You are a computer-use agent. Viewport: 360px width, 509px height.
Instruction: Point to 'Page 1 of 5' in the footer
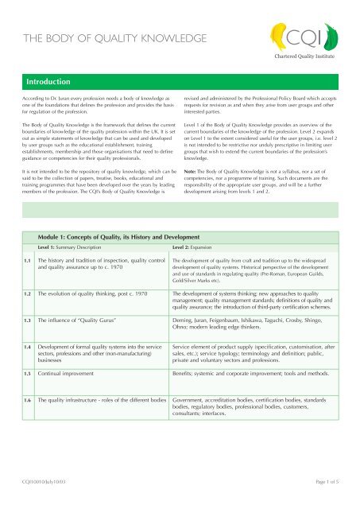(321, 499)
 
